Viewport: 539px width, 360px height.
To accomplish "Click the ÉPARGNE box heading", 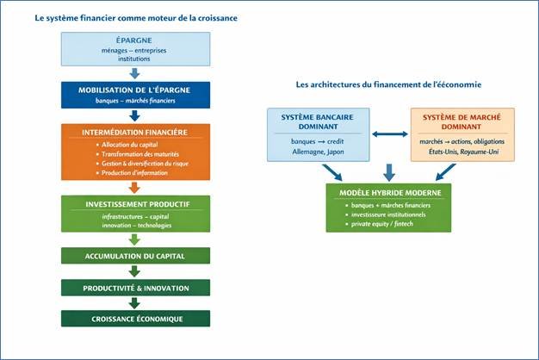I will [x=134, y=41].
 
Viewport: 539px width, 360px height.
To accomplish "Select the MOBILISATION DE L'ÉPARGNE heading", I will [x=134, y=90].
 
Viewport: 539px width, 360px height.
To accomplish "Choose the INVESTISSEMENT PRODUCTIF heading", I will [x=134, y=203].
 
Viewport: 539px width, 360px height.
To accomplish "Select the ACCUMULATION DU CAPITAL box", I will [x=134, y=256].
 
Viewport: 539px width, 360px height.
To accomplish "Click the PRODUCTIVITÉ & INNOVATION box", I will [x=134, y=287].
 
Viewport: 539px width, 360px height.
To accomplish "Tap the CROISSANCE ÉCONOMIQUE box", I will [x=134, y=319].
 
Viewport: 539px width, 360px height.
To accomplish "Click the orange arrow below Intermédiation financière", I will [x=134, y=187].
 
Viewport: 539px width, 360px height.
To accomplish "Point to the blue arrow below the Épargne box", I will [x=134, y=73].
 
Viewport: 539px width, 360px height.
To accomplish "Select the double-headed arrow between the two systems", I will [x=389, y=134].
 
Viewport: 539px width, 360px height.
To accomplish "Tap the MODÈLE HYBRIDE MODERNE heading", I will [x=388, y=192].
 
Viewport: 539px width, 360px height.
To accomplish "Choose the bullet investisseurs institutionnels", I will [x=387, y=215].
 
